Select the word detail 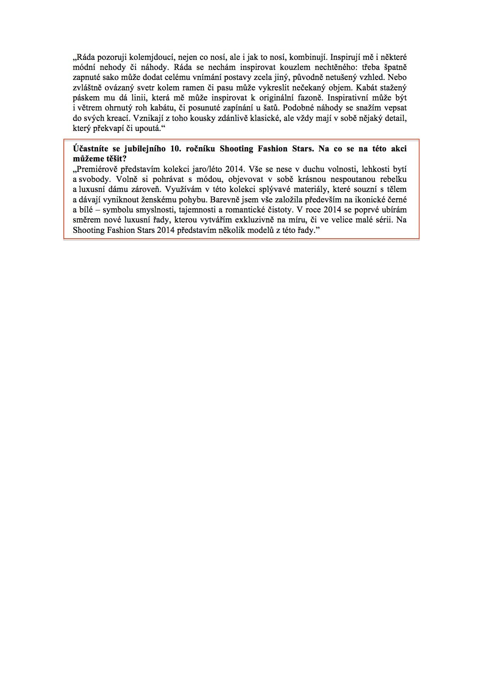(x=394, y=118)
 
